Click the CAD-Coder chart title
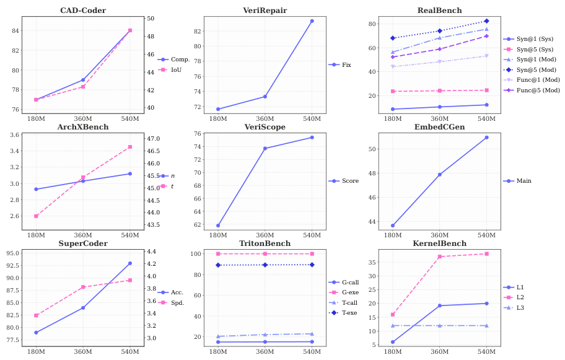tap(82, 11)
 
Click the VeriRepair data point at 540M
tap(312, 21)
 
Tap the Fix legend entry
tap(346, 64)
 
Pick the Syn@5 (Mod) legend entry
tap(536, 69)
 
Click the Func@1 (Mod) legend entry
tap(536, 80)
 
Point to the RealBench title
tap(439, 11)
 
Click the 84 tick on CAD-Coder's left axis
tap(17, 30)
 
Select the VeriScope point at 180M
tap(218, 226)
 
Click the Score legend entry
tap(349, 181)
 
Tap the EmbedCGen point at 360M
tap(440, 175)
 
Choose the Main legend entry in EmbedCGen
tap(523, 181)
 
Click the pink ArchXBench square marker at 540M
tap(130, 147)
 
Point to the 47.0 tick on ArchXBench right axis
tap(152, 139)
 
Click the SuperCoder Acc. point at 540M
tap(130, 263)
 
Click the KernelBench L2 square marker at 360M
tap(440, 257)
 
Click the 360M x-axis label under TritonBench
tap(265, 351)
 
